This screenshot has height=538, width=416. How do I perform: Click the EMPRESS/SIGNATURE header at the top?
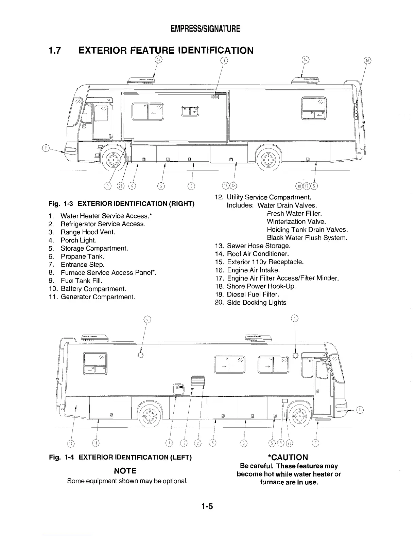206,29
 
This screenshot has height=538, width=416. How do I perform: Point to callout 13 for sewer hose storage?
225,185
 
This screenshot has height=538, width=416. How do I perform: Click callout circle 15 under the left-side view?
184,443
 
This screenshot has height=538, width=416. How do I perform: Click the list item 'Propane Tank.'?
82,256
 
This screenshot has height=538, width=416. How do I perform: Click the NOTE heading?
125,471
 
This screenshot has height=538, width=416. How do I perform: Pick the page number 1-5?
206,507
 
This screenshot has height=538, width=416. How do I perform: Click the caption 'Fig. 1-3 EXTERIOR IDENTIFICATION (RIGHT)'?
121,204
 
